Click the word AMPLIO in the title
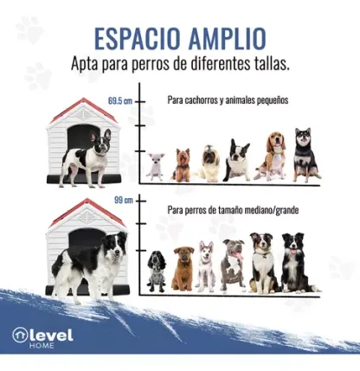(228, 38)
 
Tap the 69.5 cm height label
(120, 101)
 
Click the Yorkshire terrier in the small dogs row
(182, 165)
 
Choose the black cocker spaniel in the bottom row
(156, 272)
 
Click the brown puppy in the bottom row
(183, 269)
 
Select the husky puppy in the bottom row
(206, 266)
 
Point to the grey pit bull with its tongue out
(233, 265)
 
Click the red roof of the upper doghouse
(84, 109)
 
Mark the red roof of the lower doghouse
(87, 210)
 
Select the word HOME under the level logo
(42, 345)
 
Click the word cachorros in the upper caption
(201, 100)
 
